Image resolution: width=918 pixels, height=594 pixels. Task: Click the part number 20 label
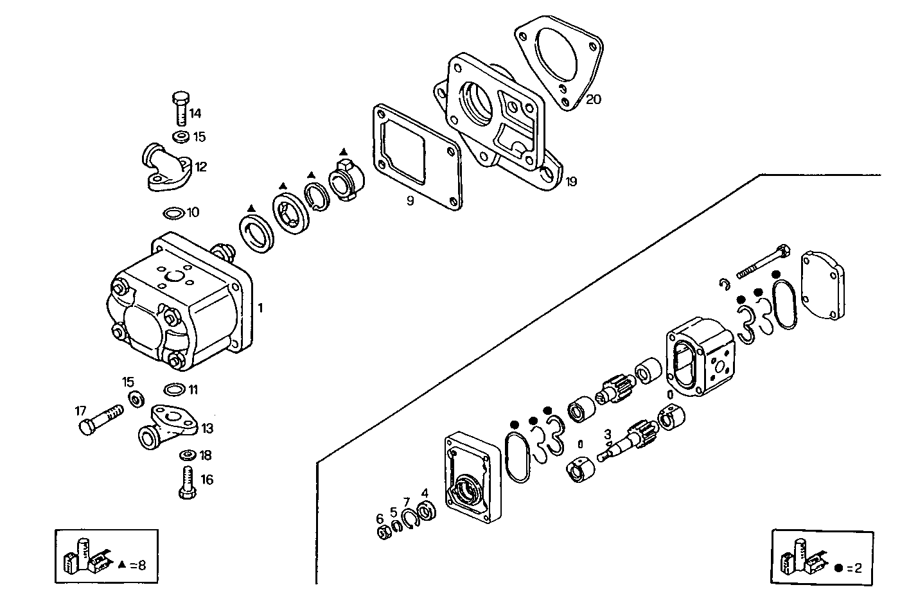[x=593, y=100]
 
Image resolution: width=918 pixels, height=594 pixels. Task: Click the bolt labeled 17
[x=100, y=418]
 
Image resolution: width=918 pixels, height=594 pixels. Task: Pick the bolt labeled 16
[x=186, y=482]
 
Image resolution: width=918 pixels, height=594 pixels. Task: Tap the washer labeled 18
[x=187, y=455]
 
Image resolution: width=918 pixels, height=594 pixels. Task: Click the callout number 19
[x=571, y=182]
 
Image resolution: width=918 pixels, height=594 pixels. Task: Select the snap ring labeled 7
[x=409, y=518]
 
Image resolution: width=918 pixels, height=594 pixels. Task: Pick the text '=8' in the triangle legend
[x=137, y=565]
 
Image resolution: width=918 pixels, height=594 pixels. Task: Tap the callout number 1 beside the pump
[x=260, y=308]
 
